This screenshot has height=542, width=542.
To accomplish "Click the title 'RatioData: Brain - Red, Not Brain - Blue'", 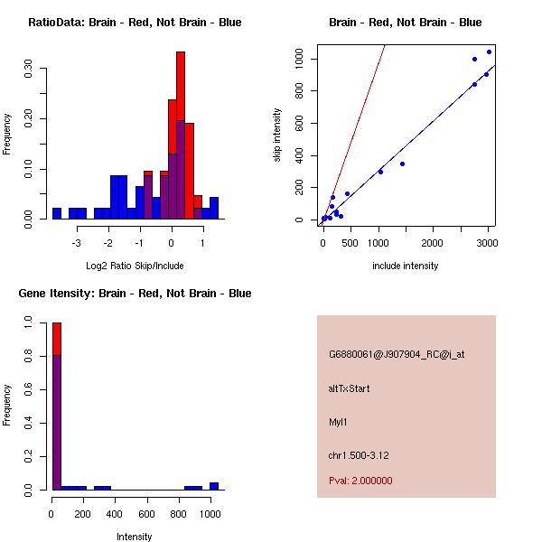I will pos(135,23).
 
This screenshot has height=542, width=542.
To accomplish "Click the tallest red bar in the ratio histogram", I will pos(181,90).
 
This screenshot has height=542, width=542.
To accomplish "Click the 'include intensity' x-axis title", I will pos(405,266).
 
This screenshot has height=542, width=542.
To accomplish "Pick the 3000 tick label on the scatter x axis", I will pos(487,243).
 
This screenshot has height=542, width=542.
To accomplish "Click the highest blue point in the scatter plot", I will pos(490,51).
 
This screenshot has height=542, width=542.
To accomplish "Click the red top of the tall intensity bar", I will pos(57,339).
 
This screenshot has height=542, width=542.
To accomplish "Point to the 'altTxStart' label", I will pos(350,388).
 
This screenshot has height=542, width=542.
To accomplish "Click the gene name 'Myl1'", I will pos(339,422).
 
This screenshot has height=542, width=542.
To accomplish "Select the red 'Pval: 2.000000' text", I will pos(360,481).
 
